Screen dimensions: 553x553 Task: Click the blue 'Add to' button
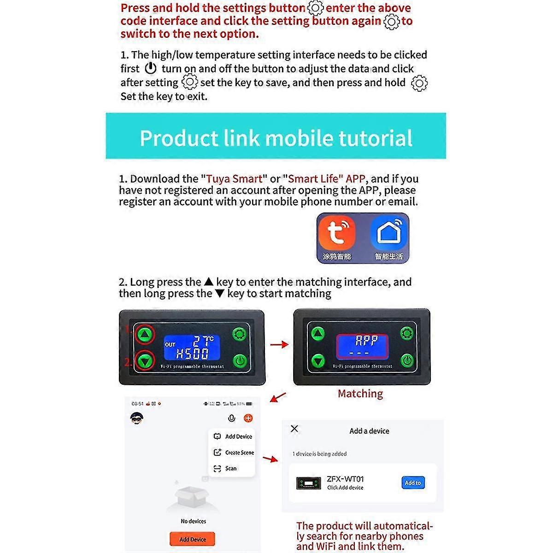click(413, 483)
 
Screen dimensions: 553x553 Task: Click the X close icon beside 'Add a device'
click(294, 429)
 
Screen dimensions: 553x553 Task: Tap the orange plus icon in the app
click(248, 418)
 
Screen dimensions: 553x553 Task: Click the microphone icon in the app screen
click(232, 418)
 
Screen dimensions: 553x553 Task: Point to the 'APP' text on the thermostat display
click(366, 341)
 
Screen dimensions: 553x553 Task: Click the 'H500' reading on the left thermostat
click(193, 354)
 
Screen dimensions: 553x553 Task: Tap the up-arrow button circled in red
click(145, 334)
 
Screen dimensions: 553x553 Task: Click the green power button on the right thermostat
click(407, 360)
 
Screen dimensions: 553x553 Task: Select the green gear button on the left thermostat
click(240, 334)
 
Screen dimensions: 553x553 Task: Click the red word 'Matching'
click(360, 394)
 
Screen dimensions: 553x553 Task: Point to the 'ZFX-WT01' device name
click(345, 479)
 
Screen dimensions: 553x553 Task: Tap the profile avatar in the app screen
click(137, 418)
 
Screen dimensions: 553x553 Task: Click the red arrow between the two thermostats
click(279, 345)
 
